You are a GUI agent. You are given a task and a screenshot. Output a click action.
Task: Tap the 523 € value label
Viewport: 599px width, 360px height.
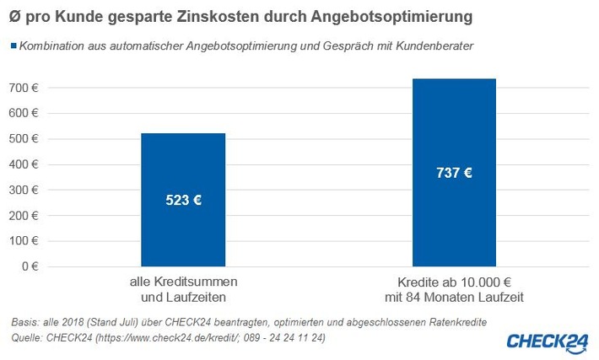[183, 201]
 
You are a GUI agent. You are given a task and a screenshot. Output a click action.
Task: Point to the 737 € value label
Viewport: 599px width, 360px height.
[454, 173]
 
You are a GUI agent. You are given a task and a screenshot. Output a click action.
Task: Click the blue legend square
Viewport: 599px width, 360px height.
[13, 46]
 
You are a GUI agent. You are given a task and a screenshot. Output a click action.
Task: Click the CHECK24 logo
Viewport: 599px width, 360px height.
[547, 341]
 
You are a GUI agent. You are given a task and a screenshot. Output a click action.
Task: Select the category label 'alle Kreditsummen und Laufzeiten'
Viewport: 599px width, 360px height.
[183, 289]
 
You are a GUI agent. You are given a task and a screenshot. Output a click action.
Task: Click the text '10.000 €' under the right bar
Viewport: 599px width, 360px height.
[488, 282]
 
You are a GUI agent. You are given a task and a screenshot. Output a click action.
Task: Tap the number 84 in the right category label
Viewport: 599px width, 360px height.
[424, 297]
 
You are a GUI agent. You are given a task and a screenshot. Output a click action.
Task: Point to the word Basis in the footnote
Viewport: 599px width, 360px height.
[26, 323]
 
